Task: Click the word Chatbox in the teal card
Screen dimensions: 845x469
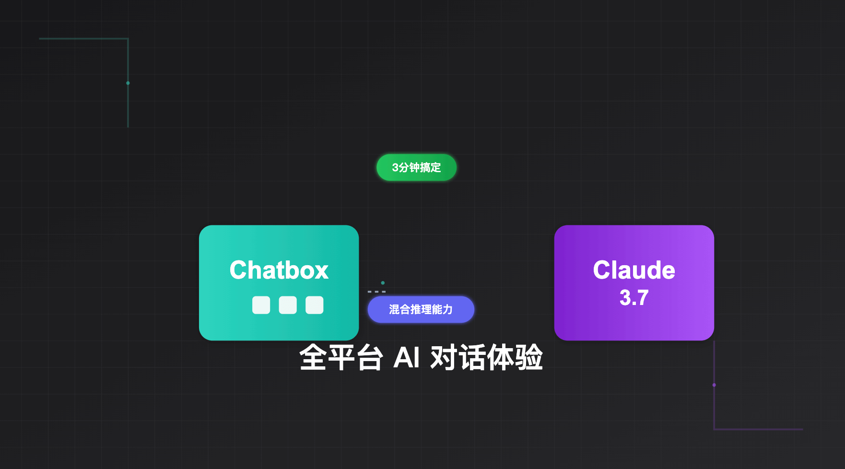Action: point(279,270)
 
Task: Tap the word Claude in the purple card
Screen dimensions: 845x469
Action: point(634,270)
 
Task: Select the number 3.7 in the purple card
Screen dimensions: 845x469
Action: point(634,298)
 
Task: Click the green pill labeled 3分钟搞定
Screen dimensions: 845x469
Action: point(416,167)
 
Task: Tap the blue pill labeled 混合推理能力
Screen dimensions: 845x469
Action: point(421,309)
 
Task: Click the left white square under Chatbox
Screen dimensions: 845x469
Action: point(261,305)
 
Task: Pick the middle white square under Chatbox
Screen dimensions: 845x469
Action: point(288,305)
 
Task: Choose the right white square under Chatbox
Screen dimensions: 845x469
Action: point(315,305)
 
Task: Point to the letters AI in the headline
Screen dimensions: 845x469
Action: point(406,358)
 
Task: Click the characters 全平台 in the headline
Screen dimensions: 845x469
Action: point(341,358)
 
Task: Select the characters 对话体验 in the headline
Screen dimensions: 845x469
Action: point(486,358)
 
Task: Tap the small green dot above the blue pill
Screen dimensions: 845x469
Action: point(383,283)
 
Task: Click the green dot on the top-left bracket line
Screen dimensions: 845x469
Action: point(128,83)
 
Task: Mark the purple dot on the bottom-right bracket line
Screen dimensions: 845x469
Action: point(714,385)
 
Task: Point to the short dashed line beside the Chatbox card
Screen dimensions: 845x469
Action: point(376,292)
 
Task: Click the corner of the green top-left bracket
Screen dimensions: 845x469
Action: point(128,39)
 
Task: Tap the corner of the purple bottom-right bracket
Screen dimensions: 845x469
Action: point(714,429)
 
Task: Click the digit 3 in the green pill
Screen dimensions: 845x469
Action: point(395,167)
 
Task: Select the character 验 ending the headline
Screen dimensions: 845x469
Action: point(529,358)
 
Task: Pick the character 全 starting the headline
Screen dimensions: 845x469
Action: point(313,358)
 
